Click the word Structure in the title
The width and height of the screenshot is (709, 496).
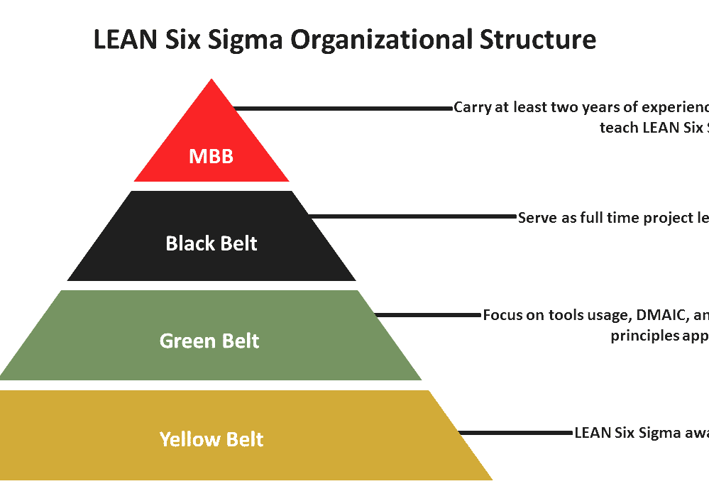coord(537,40)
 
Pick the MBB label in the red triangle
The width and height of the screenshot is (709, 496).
coord(211,156)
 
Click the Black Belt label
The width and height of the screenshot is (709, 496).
coord(211,243)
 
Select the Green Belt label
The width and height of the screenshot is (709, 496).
coord(209,341)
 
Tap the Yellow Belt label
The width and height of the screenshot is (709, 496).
coord(211,439)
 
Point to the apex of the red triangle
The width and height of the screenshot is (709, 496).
coord(211,81)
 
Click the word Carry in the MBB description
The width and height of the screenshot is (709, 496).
coord(471,108)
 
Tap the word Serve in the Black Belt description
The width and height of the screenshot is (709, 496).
coord(537,218)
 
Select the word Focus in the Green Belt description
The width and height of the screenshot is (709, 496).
coord(502,315)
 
